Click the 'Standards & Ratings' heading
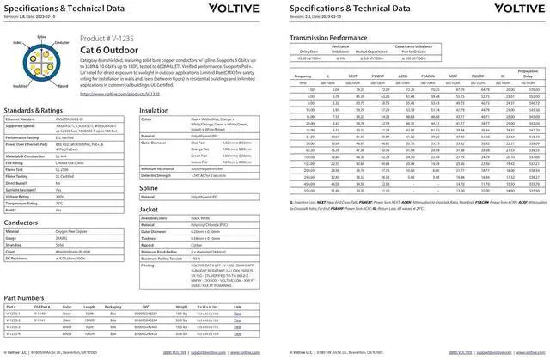[x=33, y=110]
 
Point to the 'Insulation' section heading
[x=154, y=110]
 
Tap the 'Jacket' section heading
[x=149, y=209]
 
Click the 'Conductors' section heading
[x=21, y=221]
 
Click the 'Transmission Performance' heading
[x=333, y=39]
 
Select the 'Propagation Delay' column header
[x=527, y=73]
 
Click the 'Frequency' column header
[x=302, y=76]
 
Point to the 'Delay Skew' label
[x=309, y=51]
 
